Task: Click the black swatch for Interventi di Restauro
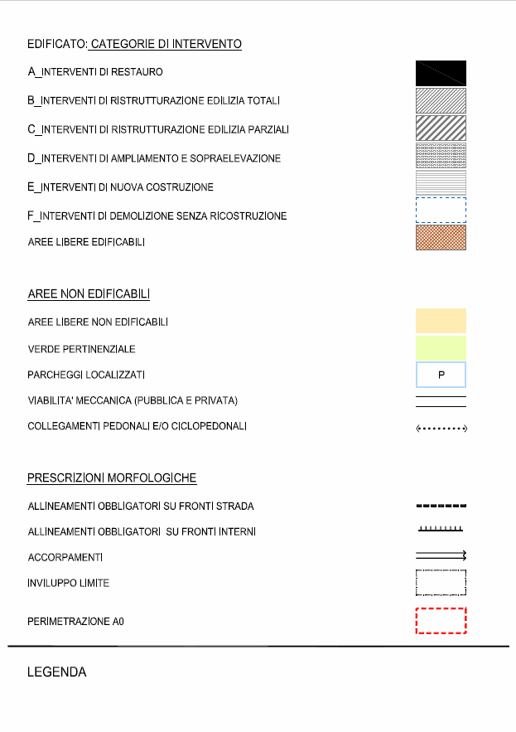[x=441, y=73]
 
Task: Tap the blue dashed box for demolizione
[x=441, y=211]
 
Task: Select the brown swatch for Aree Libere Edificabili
[x=441, y=238]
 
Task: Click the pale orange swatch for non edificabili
[x=441, y=321]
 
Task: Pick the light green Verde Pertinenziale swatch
[x=441, y=348]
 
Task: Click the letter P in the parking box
[x=441, y=376]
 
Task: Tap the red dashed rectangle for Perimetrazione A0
[x=441, y=621]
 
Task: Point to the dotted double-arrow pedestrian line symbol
[x=441, y=429]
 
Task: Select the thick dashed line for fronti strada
[x=441, y=505]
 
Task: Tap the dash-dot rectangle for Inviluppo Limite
[x=441, y=583]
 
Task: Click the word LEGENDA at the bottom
[x=57, y=672]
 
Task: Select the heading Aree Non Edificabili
[x=89, y=294]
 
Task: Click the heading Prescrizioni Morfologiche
[x=112, y=478]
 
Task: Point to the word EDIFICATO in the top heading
[x=56, y=43]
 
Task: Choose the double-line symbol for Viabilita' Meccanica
[x=441, y=402]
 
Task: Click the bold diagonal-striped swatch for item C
[x=441, y=128]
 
